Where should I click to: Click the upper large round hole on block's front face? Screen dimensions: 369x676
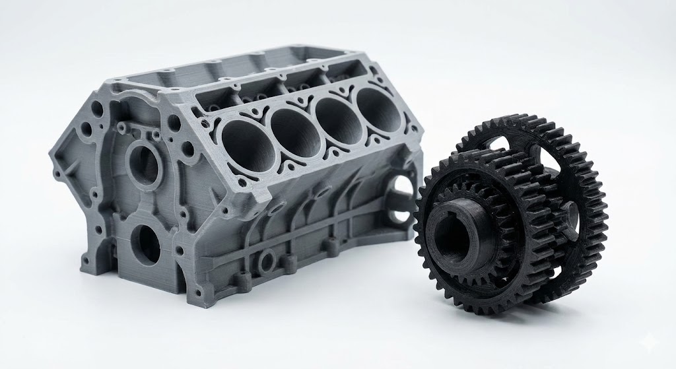click(x=146, y=162)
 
